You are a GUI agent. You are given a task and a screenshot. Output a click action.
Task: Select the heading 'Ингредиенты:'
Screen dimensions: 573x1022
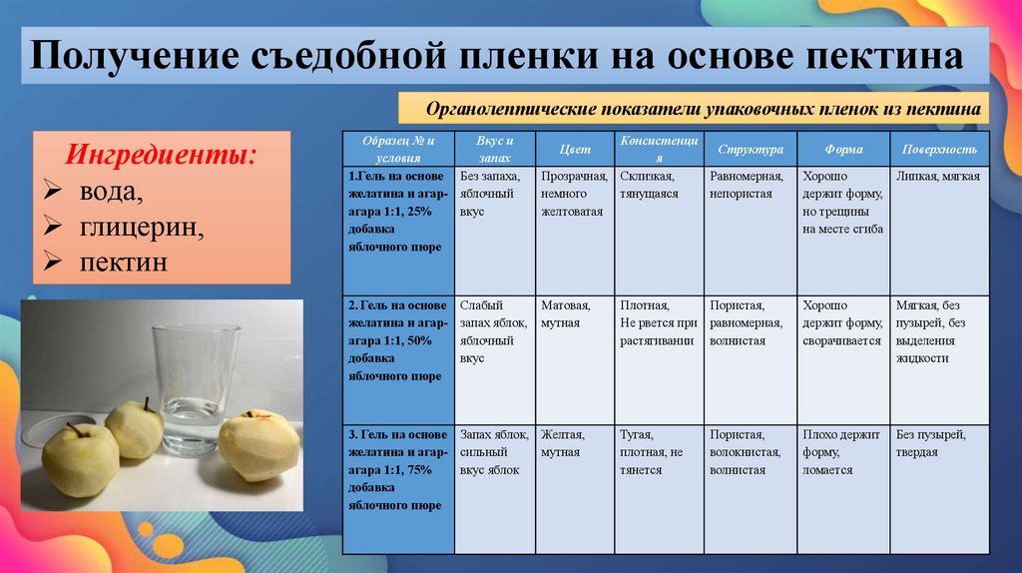click(x=160, y=156)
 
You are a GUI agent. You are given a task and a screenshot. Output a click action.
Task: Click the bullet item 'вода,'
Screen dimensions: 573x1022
click(x=111, y=192)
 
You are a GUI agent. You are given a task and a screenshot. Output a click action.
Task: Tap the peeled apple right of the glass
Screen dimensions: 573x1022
click(x=258, y=445)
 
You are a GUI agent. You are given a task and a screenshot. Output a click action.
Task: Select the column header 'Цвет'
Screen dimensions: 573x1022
click(x=575, y=149)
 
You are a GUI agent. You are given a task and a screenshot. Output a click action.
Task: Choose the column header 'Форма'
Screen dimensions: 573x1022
click(x=843, y=149)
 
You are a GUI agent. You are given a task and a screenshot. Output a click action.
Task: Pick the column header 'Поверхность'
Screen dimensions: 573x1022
click(x=939, y=149)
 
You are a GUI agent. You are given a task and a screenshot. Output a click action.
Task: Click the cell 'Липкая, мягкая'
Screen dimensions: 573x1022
click(x=938, y=177)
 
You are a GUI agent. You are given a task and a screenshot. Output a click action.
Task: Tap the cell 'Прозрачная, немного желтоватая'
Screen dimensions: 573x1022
click(x=573, y=194)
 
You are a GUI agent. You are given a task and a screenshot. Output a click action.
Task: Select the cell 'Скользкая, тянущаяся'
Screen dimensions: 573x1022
click(x=649, y=185)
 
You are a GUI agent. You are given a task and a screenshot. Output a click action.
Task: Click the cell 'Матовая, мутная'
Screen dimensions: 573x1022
click(x=565, y=314)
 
